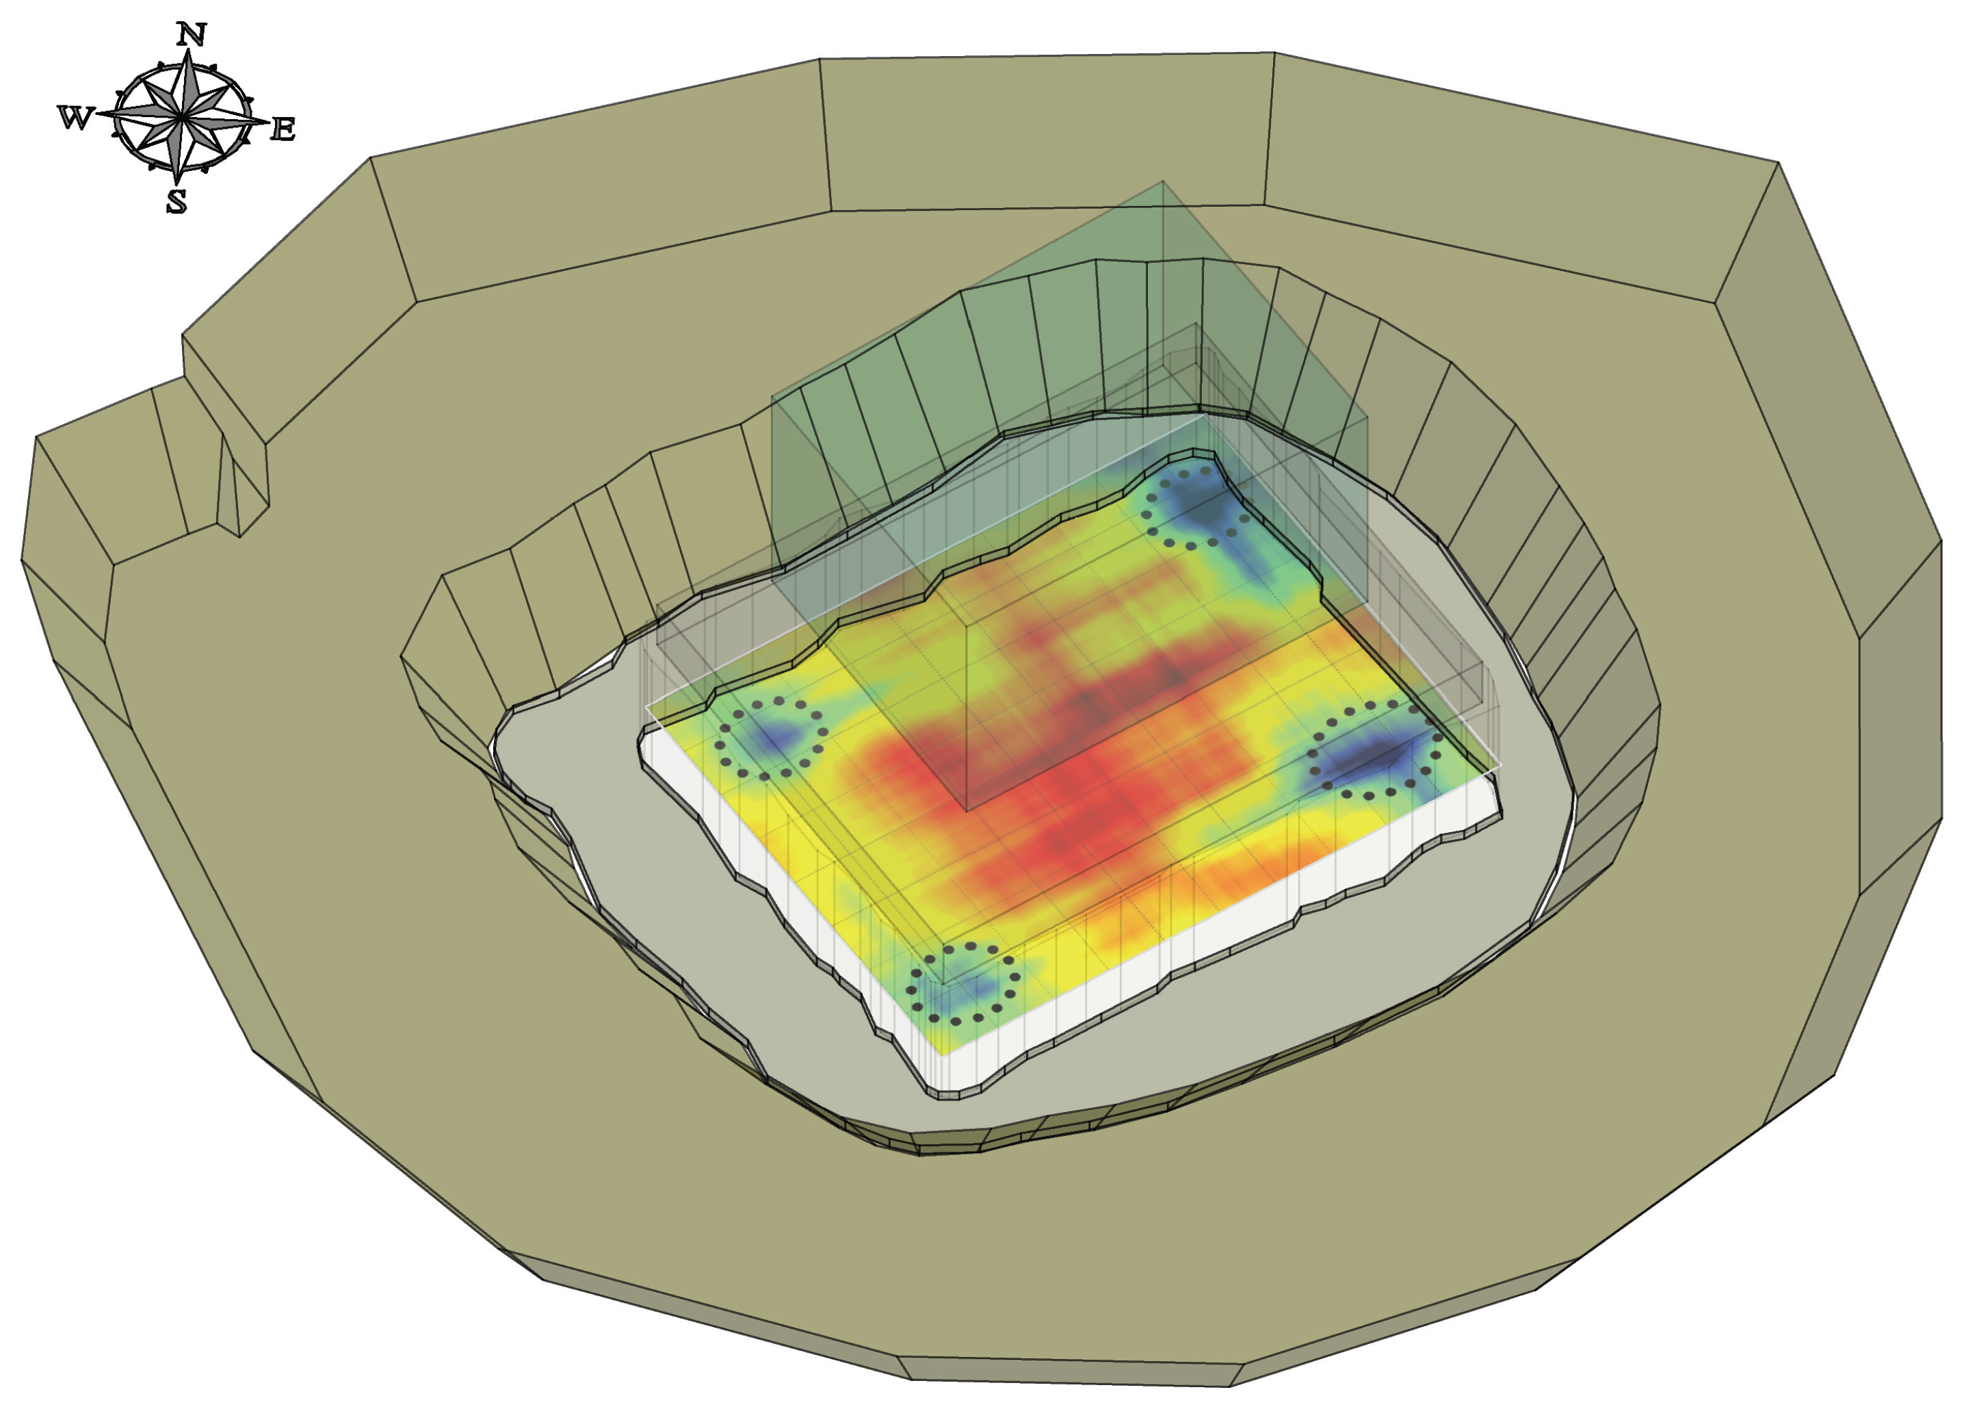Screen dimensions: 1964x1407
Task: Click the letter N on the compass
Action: coord(192,35)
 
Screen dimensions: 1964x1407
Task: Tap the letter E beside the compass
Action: coord(283,130)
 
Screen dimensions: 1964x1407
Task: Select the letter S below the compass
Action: coord(176,202)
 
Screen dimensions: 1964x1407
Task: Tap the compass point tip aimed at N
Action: coord(189,50)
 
